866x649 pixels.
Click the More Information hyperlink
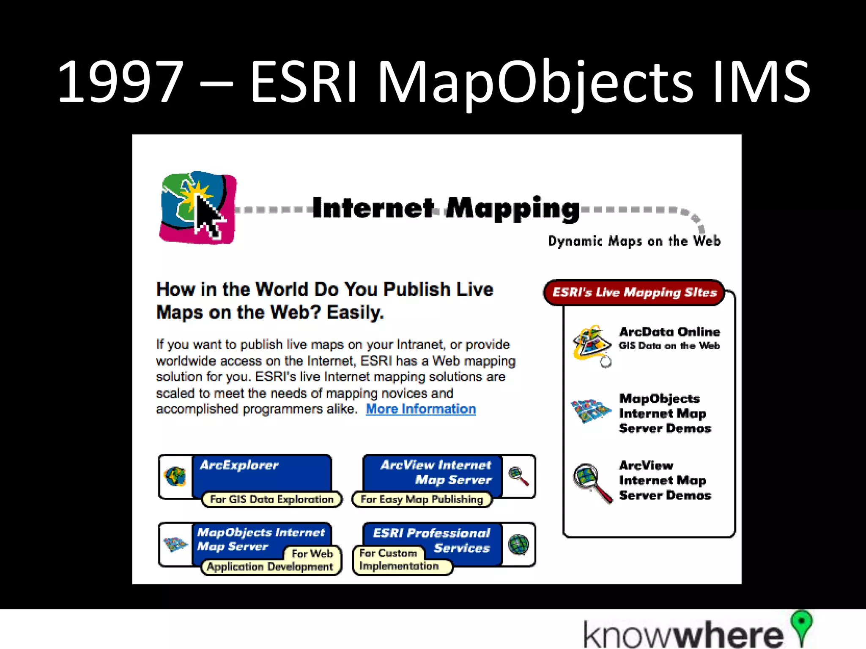(x=420, y=409)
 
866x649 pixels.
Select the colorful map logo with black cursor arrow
(x=198, y=208)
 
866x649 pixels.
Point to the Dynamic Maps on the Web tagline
(x=634, y=241)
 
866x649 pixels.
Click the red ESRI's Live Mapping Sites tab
(x=634, y=292)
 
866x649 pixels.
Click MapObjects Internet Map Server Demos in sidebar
(x=665, y=413)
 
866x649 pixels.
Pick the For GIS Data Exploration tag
(x=271, y=499)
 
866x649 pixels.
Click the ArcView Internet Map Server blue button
(x=436, y=472)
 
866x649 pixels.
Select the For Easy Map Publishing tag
(x=422, y=499)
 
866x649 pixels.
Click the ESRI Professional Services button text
(x=431, y=540)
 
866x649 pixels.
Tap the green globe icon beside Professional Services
(x=519, y=544)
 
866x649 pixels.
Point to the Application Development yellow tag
(x=270, y=567)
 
